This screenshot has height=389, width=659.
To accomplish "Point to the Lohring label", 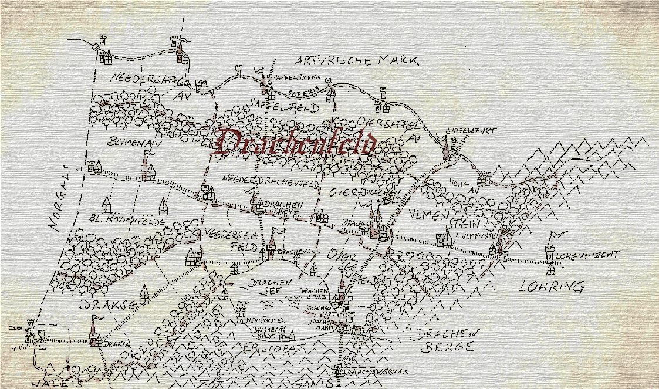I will [x=552, y=287].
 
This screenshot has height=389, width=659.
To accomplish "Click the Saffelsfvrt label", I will [x=467, y=130].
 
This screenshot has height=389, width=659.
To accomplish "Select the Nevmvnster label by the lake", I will [x=267, y=321].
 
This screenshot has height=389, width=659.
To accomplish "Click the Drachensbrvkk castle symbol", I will [x=336, y=371].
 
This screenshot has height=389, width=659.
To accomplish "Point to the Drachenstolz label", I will [x=312, y=293].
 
